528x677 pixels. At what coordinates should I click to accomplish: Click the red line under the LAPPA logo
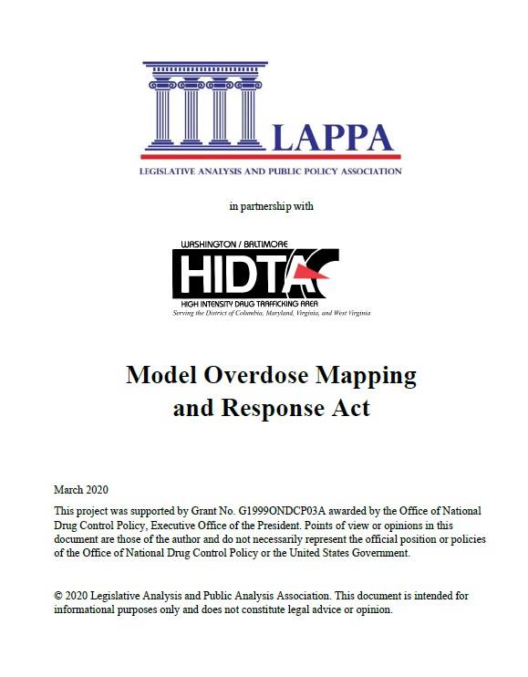click(272, 157)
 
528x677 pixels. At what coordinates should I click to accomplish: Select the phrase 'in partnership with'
click(272, 206)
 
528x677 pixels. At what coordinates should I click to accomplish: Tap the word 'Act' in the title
click(352, 408)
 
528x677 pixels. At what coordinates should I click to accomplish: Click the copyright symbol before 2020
click(58, 596)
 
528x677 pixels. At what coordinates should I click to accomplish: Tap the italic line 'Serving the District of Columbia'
click(272, 313)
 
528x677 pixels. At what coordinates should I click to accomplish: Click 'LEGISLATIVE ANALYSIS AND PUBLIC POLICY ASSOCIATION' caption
click(270, 172)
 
